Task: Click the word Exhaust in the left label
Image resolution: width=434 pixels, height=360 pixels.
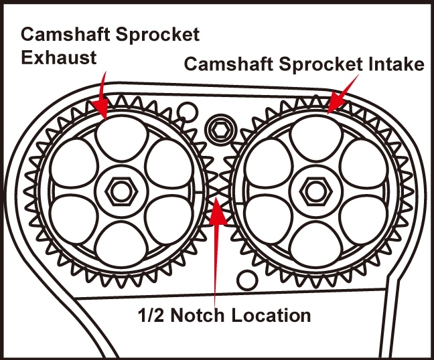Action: (x=58, y=57)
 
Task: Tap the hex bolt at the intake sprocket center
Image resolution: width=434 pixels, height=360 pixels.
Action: (x=311, y=190)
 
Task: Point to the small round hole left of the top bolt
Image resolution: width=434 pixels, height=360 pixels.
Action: (x=188, y=110)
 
